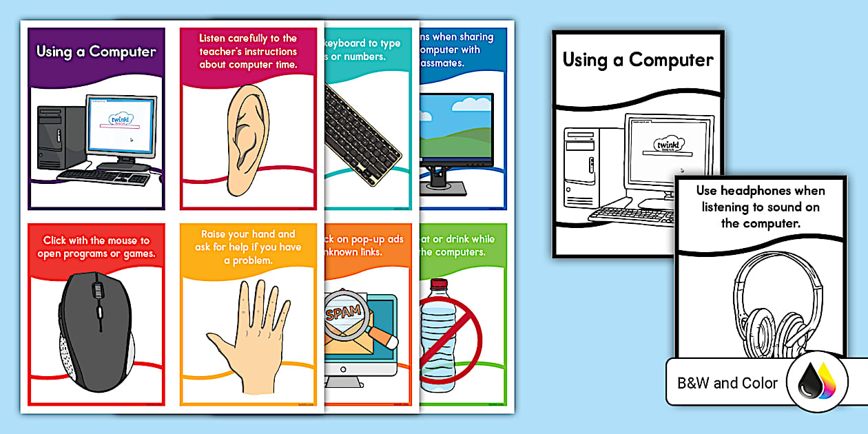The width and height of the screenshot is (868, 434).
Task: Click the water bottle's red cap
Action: [x=439, y=285]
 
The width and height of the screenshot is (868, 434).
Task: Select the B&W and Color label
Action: [x=727, y=383]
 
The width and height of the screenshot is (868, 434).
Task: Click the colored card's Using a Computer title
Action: [x=96, y=52]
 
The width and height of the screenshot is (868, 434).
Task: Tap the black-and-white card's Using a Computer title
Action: [x=637, y=60]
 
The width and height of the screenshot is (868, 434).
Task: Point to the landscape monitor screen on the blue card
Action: [x=455, y=127]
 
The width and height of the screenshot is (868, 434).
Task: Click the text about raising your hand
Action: [x=247, y=247]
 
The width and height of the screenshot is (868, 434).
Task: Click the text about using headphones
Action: [x=759, y=207]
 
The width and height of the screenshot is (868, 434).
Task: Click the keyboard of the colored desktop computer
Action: [x=103, y=176]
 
